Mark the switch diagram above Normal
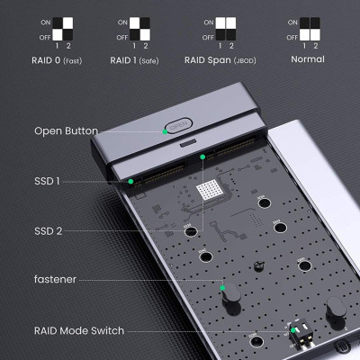pos(310,28)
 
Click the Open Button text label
pos(66,130)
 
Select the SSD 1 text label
pos(47,181)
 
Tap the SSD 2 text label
pos(48,230)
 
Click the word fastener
pos(56,281)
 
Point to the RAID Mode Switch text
pos(79,330)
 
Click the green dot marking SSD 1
pos(130,181)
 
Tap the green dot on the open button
pos(166,130)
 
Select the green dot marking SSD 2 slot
pos(204,157)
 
